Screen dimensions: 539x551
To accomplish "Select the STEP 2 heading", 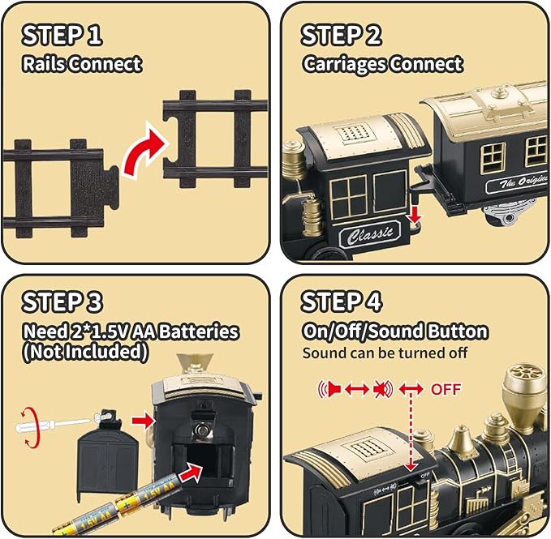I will point(342,36).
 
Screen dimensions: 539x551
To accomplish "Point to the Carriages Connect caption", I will point(382,64).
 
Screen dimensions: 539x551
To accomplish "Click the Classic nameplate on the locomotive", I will point(374,234).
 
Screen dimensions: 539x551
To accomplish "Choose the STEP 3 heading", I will point(62,302).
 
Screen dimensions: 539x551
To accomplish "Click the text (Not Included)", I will point(86,352).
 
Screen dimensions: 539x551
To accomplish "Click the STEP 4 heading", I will point(342,302).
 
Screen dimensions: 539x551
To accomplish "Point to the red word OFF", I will point(446,389).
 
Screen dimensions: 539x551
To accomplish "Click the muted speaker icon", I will point(382,390).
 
